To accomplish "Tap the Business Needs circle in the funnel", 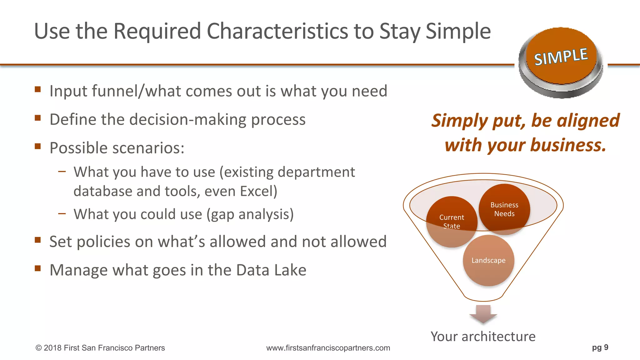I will coord(504,209).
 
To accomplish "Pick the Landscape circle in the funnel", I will coord(488,260).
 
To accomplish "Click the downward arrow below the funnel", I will coord(483,314).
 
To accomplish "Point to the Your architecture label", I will coord(483,337).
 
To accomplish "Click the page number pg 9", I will coord(600,347).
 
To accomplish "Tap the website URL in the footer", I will coord(328,348).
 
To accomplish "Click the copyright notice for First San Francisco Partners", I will coord(100,348).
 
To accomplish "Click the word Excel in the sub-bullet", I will coord(258,191).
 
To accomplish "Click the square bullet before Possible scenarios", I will coord(38,146).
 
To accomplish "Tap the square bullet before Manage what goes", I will coord(38,268).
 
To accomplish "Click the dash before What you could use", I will coord(62,214).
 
